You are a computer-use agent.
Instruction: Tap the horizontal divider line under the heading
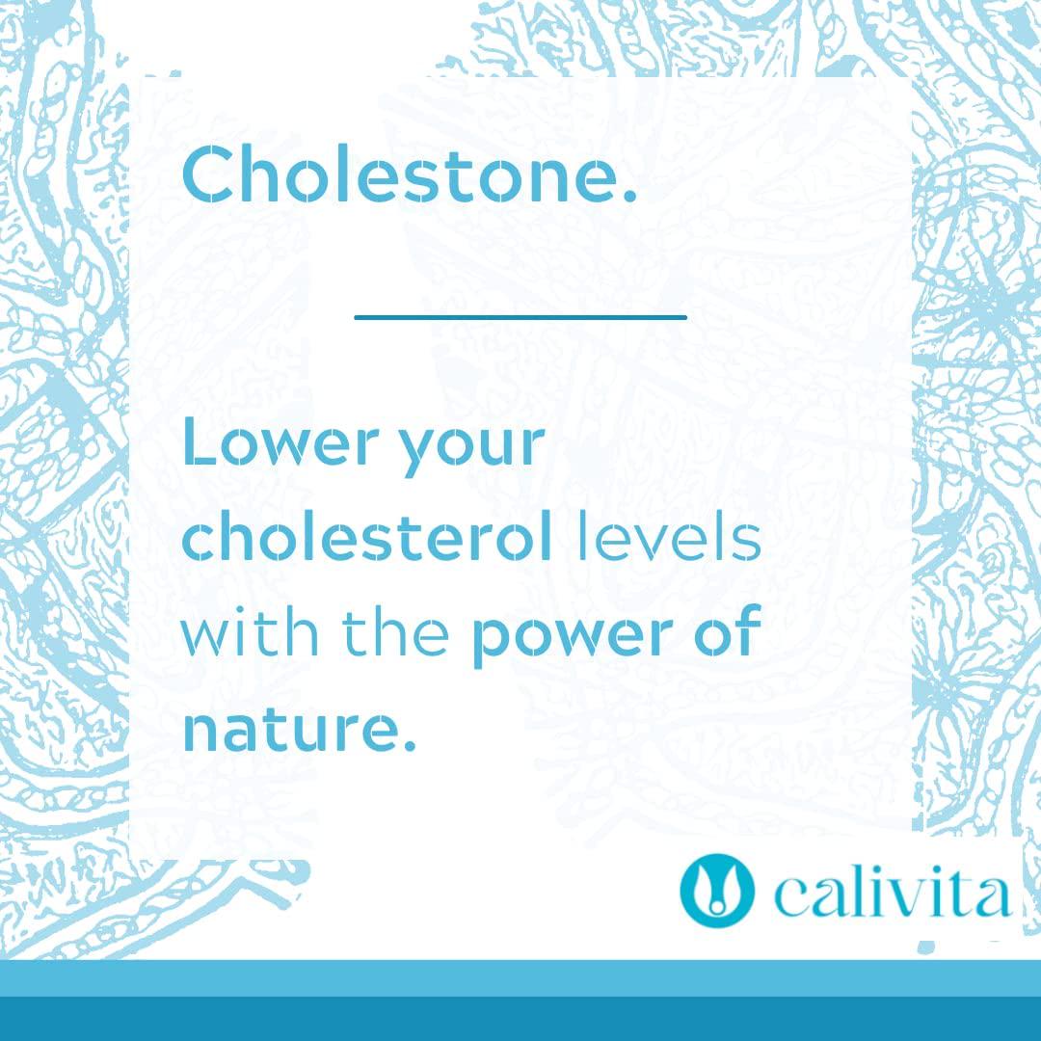(x=520, y=316)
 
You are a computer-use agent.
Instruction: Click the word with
(x=245, y=634)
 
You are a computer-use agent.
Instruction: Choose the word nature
(x=289, y=731)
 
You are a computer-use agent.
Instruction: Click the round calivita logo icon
(x=715, y=891)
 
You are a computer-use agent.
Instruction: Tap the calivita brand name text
(x=891, y=894)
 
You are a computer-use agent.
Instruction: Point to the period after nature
(x=408, y=748)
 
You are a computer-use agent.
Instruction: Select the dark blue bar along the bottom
(x=520, y=1019)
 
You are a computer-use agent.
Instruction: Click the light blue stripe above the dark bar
(x=520, y=977)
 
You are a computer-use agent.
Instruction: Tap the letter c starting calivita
(x=790, y=900)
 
